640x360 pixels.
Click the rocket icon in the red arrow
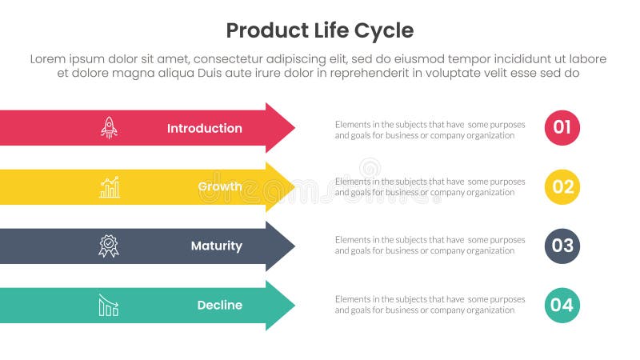pyautogui.click(x=109, y=128)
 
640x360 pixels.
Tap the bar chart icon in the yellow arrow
pyautogui.click(x=109, y=187)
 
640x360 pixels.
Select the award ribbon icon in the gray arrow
pyautogui.click(x=109, y=246)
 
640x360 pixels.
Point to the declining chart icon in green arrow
pyautogui.click(x=109, y=305)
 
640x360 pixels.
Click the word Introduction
pyautogui.click(x=204, y=128)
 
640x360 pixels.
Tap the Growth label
pyautogui.click(x=219, y=187)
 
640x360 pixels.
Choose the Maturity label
pyautogui.click(x=216, y=246)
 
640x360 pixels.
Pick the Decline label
pyautogui.click(x=219, y=305)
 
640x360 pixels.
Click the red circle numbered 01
pyautogui.click(x=562, y=128)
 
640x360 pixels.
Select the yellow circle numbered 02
pyautogui.click(x=562, y=187)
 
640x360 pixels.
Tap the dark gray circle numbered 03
pyautogui.click(x=562, y=246)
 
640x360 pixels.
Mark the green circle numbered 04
pyautogui.click(x=562, y=305)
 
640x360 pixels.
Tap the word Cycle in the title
pyautogui.click(x=386, y=30)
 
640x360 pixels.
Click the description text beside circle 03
pyautogui.click(x=430, y=246)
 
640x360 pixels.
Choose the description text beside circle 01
pyautogui.click(x=430, y=130)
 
